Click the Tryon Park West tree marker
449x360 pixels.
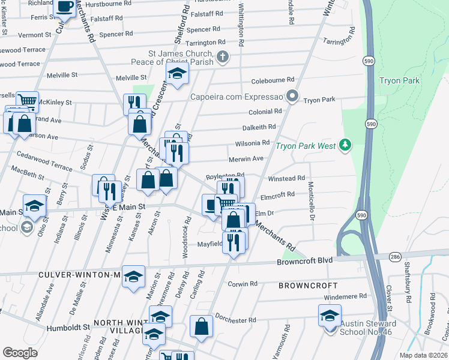[345, 145]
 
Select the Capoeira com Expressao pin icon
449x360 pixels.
[292, 96]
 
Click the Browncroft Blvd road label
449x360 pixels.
[304, 262]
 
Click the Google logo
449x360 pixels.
[20, 352]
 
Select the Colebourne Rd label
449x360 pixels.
[273, 79]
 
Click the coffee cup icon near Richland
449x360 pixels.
[65, 7]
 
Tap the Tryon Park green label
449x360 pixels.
[399, 81]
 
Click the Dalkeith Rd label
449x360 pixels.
[259, 127]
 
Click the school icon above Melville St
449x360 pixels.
[177, 74]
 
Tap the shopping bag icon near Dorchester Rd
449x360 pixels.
[202, 326]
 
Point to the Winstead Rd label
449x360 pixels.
[286, 178]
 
